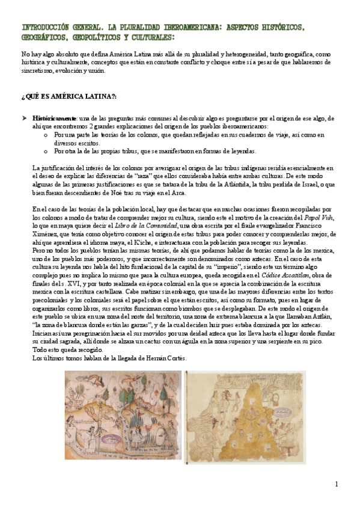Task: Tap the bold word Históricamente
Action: pyautogui.click(x=54, y=118)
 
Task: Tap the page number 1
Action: pyautogui.click(x=337, y=484)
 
